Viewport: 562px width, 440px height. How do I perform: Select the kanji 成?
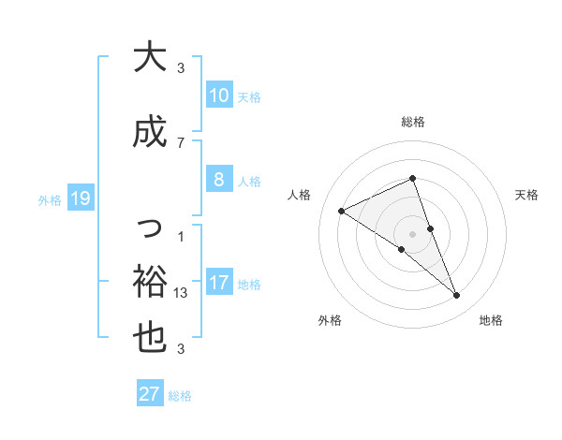150,131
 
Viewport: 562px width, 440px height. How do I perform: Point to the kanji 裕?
150,280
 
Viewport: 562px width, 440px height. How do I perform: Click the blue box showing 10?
218,95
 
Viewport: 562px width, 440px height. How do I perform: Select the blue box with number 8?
218,180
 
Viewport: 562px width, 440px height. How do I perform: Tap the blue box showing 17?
218,284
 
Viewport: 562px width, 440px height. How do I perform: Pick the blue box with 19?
80,198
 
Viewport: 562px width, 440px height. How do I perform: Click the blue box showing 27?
150,394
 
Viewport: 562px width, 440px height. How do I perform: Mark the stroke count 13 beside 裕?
182,292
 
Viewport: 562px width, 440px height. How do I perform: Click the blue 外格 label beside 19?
50,199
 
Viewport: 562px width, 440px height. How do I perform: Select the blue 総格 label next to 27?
180,395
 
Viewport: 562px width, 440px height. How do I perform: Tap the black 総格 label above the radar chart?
413,122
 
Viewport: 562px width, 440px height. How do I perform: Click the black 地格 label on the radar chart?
491,321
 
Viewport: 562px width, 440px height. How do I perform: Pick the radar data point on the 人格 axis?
342,212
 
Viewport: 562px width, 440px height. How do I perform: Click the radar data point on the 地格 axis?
457,296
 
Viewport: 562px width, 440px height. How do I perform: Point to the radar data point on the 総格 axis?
413,179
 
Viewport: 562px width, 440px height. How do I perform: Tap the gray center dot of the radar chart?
413,233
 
